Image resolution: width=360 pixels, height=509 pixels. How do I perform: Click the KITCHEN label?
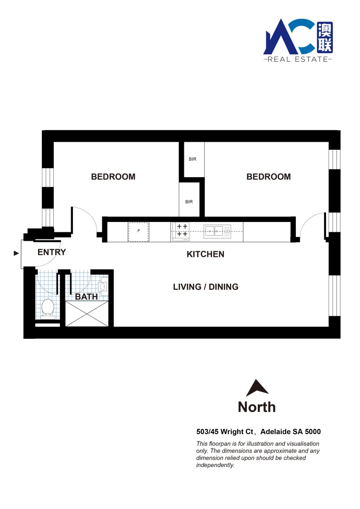pos(205,254)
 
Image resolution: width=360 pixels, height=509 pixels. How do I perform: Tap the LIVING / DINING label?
pos(205,287)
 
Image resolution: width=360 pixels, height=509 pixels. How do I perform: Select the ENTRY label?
pos(52,252)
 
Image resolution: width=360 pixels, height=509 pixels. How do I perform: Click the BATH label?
pos(87,296)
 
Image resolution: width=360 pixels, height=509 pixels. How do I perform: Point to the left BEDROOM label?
pos(113,177)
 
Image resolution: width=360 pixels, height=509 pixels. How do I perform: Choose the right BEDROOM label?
pos(269,177)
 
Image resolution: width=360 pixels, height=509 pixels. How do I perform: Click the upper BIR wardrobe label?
pos(192,159)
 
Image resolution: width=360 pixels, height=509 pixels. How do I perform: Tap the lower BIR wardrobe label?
pos(189,202)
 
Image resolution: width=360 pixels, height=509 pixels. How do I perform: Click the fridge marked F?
pos(139,231)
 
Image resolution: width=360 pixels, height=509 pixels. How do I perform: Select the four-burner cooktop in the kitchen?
pos(182,230)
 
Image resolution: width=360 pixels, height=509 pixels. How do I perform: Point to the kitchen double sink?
pos(215,230)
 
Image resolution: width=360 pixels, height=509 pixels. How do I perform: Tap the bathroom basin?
pos(104,286)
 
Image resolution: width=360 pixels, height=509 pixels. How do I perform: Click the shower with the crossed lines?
pos(87,313)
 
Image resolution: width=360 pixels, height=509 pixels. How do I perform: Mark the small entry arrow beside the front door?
pos(16,253)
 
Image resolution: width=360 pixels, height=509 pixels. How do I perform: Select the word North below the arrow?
pos(257,406)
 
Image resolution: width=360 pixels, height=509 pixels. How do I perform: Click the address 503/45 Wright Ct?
pos(226,432)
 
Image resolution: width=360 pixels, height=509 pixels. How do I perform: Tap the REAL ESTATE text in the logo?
pos(297,59)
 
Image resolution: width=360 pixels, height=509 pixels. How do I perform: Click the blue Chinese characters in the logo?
pos(325,38)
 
